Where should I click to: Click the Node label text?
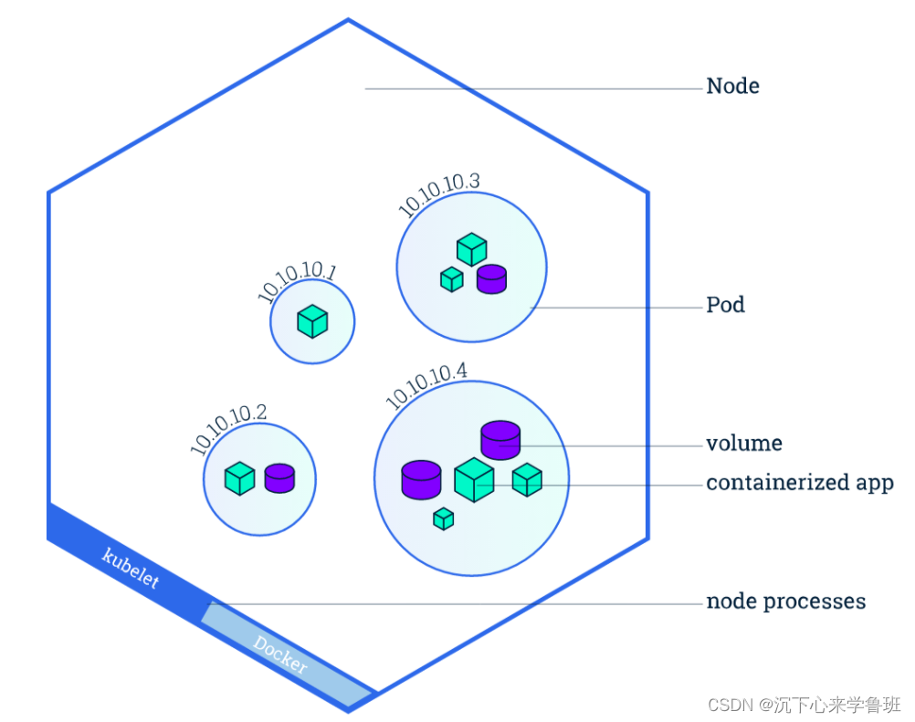click(732, 87)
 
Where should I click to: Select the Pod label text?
click(725, 305)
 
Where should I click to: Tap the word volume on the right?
click(743, 445)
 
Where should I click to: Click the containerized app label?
click(799, 483)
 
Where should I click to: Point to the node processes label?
click(785, 602)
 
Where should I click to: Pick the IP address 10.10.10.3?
click(439, 194)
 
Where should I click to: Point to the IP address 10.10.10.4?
click(426, 385)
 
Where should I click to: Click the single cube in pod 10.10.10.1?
click(312, 321)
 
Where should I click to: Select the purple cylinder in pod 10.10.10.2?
click(279, 478)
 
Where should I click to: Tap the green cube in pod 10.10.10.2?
click(239, 478)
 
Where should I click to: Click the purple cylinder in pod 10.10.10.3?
click(491, 278)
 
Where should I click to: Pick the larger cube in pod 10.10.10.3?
click(471, 249)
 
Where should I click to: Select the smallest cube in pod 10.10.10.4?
click(444, 518)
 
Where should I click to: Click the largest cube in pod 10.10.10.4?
click(474, 480)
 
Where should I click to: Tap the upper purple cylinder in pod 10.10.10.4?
click(500, 440)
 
